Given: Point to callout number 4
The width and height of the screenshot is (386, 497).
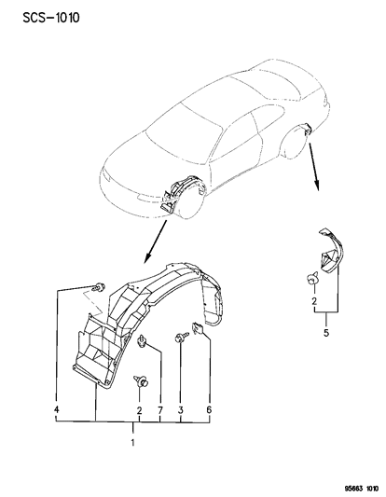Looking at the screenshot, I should [58, 409].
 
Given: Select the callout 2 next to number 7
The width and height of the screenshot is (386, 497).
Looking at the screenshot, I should [139, 409].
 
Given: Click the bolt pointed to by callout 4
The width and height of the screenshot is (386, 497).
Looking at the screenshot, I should [96, 285].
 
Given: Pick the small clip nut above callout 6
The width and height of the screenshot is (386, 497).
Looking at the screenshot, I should [198, 327].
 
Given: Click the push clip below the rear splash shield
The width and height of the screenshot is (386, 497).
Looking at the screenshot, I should [310, 277].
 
